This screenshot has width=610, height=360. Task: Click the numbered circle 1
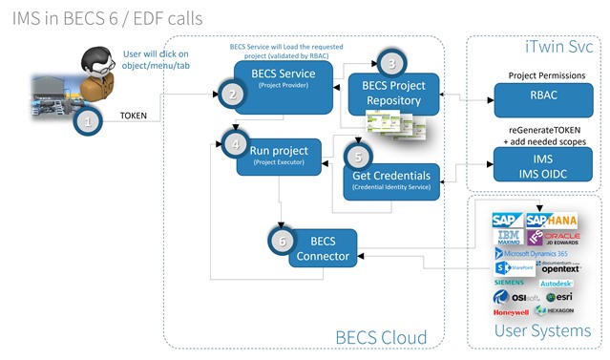pyautogui.click(x=89, y=122)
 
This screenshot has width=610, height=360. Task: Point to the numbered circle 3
pyautogui.click(x=389, y=61)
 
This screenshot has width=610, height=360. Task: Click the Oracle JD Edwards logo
pyautogui.click(x=559, y=238)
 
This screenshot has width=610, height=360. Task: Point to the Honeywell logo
pyautogui.click(x=511, y=312)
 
